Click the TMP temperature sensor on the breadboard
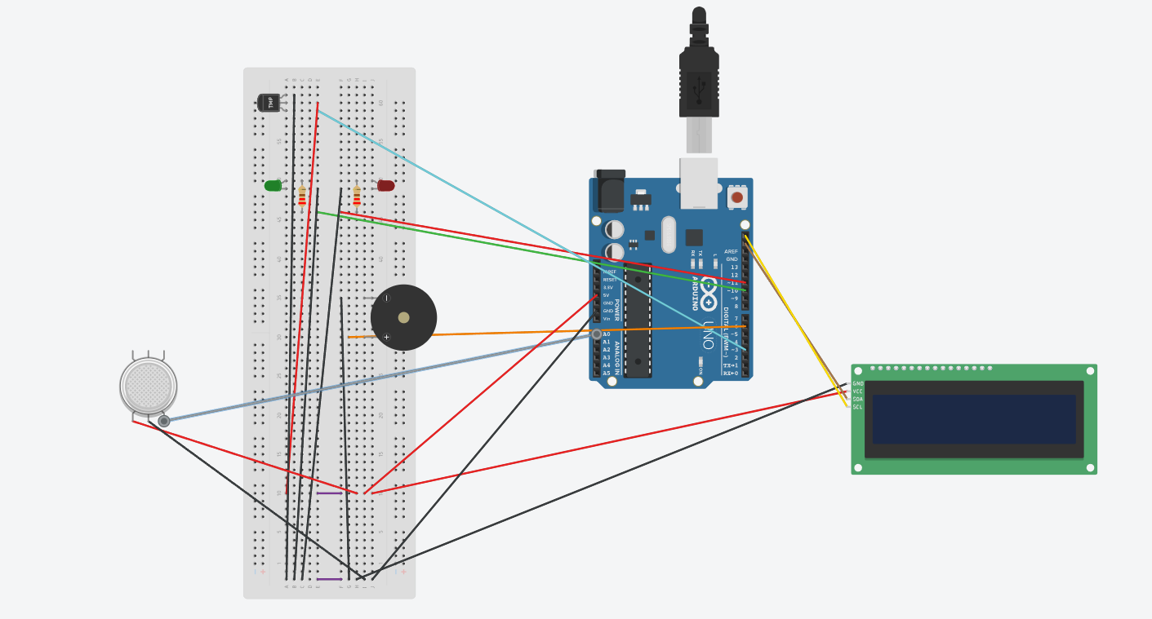[269, 102]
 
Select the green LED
[273, 186]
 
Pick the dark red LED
[386, 186]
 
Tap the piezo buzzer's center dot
[403, 317]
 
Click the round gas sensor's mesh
[149, 386]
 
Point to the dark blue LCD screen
[973, 419]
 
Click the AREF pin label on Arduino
[731, 252]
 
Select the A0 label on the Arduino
[607, 334]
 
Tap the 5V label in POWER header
[607, 295]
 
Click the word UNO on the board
[708, 334]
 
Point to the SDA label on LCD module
[857, 400]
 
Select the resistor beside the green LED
[302, 196]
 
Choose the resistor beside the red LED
[357, 196]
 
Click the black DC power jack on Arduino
[611, 194]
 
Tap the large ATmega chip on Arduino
[638, 321]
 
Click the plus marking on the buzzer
[386, 337]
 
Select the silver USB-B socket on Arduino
[699, 183]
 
